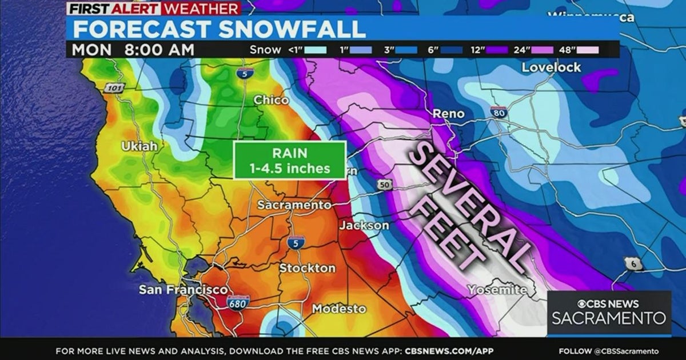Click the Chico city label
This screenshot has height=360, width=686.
(x=271, y=100)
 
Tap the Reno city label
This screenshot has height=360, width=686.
(x=448, y=114)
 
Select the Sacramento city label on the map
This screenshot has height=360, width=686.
(x=294, y=205)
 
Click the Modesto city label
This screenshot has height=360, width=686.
(x=339, y=309)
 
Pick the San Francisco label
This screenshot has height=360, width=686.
(x=183, y=290)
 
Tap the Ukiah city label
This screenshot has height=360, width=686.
(x=139, y=146)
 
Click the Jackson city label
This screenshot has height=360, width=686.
(x=364, y=225)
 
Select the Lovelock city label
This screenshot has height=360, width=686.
(x=551, y=67)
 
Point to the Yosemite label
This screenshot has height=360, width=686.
(x=497, y=290)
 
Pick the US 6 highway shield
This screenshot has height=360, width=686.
(x=632, y=263)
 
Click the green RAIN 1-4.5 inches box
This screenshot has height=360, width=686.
(x=290, y=161)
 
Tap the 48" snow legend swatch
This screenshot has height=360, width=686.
(x=587, y=50)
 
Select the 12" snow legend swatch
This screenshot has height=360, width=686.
(x=493, y=50)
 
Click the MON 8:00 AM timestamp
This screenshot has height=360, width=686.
(x=133, y=50)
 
